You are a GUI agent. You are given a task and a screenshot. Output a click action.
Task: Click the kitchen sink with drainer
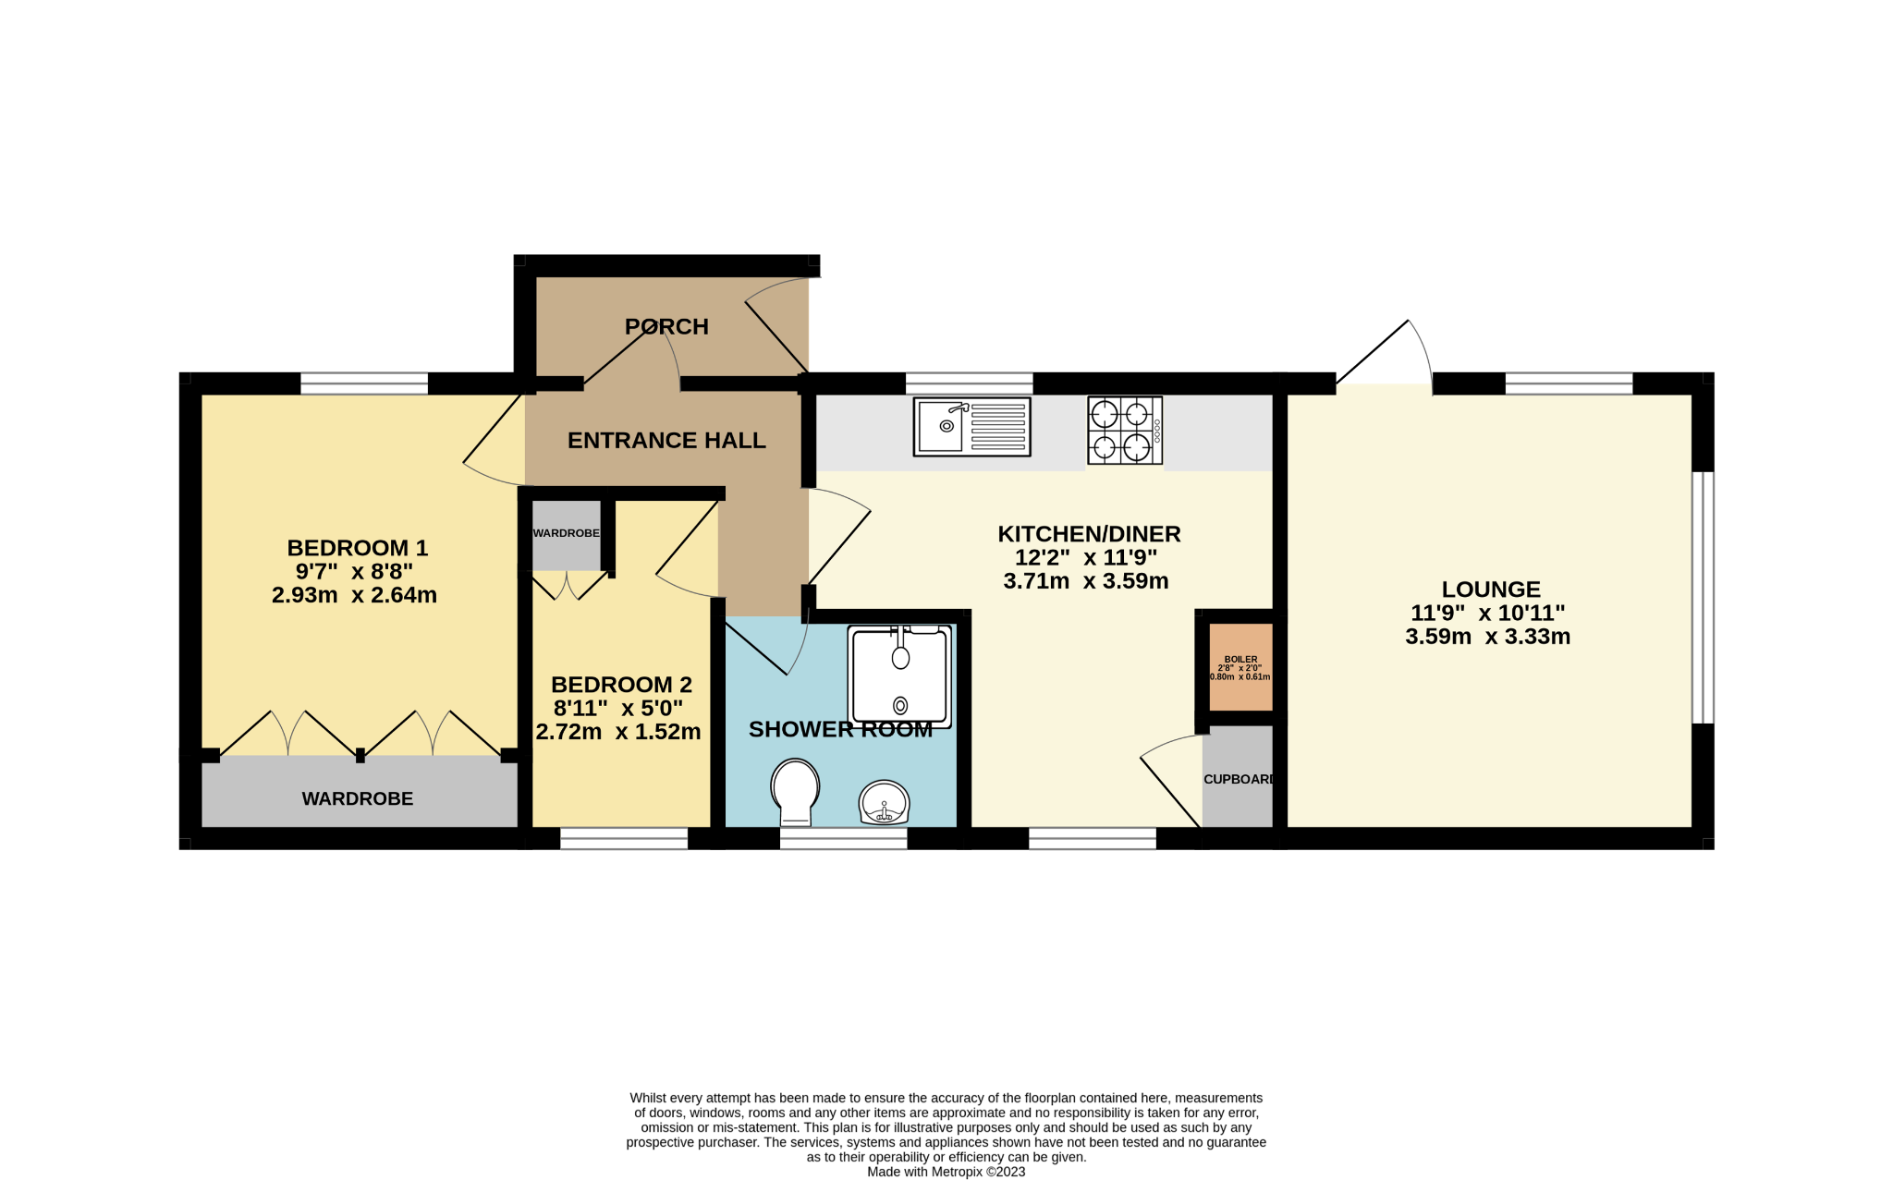[971, 426]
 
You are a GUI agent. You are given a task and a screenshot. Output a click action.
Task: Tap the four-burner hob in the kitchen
[1125, 431]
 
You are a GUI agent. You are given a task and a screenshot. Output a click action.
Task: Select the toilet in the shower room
[795, 792]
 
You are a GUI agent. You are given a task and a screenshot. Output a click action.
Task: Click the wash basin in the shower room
[885, 802]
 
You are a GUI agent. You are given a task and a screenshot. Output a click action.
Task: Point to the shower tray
[900, 675]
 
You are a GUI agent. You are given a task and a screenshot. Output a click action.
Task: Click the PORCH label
[666, 326]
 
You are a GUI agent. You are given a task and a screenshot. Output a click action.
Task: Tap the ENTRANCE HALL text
[666, 441]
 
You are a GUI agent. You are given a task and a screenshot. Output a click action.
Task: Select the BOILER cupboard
[1240, 667]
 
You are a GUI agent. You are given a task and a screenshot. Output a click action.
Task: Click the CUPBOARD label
[1239, 779]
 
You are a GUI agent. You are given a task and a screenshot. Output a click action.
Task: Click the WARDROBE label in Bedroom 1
[358, 798]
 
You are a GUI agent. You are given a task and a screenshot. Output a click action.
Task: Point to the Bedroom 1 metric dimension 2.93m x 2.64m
[354, 595]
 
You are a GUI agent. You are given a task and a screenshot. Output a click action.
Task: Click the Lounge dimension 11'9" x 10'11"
[1487, 613]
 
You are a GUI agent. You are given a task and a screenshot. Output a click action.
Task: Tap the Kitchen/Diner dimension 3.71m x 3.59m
[1086, 581]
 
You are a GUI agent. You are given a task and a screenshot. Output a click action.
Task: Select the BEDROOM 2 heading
[621, 685]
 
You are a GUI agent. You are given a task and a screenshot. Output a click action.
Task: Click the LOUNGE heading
[1491, 590]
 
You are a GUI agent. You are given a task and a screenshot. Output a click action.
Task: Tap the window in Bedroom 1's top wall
[364, 383]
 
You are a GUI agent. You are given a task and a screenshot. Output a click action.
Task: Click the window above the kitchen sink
[969, 383]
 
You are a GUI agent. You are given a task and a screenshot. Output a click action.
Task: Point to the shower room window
[844, 838]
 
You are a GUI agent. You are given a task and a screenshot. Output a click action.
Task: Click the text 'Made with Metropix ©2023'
[946, 1172]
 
